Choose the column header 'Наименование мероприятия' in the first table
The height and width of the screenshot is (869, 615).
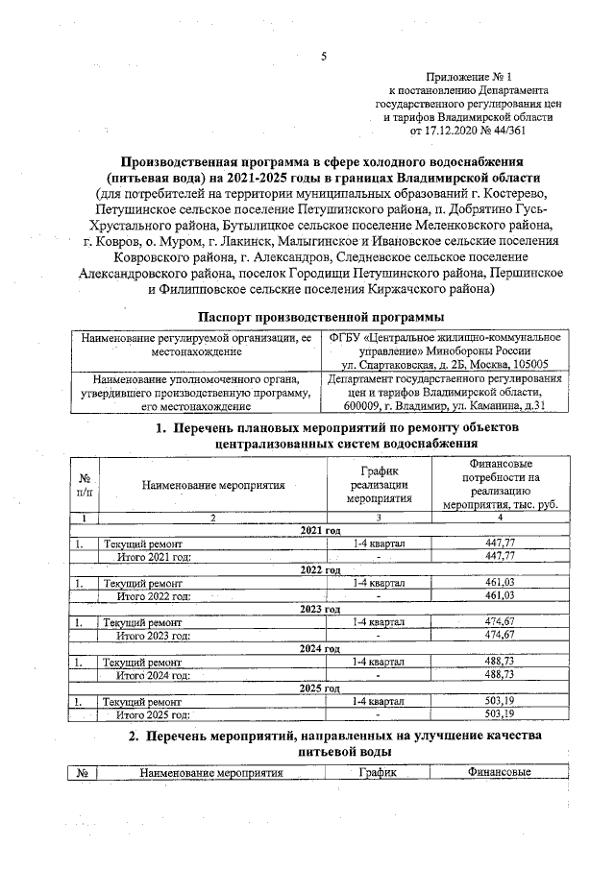(x=213, y=485)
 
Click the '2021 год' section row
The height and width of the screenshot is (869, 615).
(x=321, y=530)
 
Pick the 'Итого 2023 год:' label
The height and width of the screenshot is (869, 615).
(x=153, y=635)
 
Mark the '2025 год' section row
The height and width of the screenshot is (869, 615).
(x=321, y=688)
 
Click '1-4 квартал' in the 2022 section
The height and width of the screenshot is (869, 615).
(x=379, y=583)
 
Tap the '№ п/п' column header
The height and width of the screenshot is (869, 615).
(x=85, y=485)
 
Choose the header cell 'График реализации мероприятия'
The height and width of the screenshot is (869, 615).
(x=379, y=485)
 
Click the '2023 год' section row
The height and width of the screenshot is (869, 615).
(x=321, y=609)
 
